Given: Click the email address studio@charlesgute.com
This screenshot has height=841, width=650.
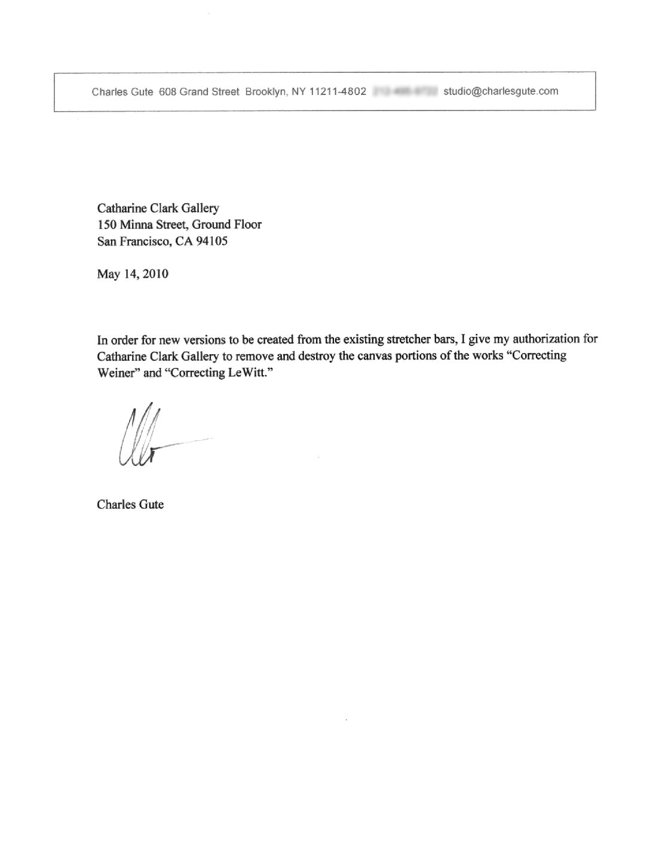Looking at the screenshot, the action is point(501,91).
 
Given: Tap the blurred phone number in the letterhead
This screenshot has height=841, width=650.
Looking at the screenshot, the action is point(406,91).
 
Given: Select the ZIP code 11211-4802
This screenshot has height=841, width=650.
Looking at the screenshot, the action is point(338,91).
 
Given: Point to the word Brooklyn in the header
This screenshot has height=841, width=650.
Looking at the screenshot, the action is point(266,91).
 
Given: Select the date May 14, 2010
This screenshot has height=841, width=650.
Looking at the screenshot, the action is point(132,274).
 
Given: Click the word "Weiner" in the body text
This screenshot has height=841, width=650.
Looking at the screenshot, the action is point(115,373).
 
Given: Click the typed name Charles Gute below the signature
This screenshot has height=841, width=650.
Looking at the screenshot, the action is point(130,504).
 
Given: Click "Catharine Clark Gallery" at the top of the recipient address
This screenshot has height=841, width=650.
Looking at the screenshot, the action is point(158,208).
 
